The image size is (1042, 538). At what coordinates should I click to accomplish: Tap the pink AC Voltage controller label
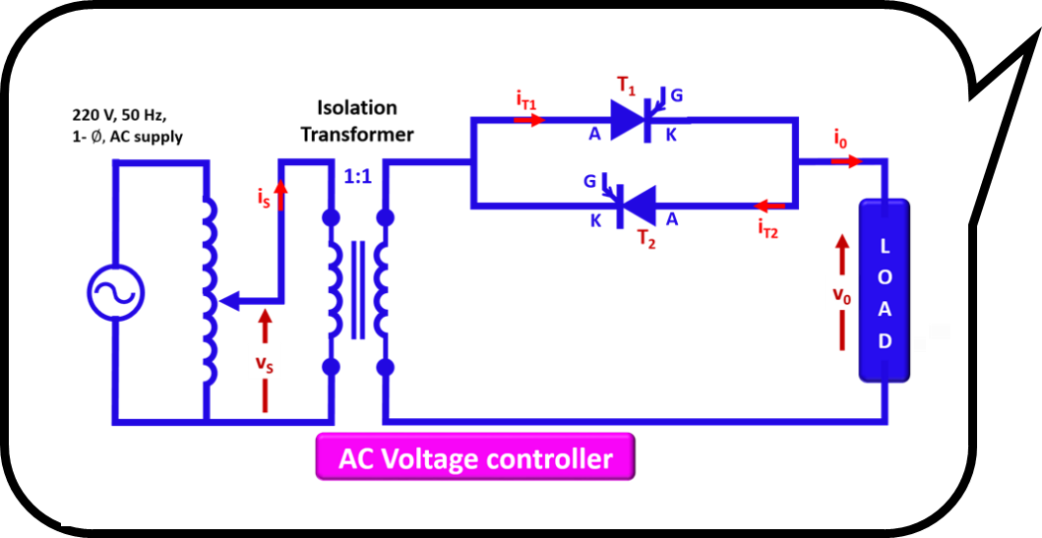pos(475,459)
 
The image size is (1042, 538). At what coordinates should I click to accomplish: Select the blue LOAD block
pos(885,290)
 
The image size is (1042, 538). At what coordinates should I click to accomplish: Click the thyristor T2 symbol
pos(637,206)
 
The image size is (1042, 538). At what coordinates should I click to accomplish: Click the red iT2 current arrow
pos(770,207)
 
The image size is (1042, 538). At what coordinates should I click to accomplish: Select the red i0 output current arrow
pos(844,159)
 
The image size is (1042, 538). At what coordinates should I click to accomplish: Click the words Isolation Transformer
pos(357,120)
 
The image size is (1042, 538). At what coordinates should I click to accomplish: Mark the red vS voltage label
pos(264,364)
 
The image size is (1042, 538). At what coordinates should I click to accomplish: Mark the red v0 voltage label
pos(841,294)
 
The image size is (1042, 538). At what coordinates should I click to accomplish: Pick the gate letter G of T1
pos(677,96)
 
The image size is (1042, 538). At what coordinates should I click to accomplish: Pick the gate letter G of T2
pos(589,181)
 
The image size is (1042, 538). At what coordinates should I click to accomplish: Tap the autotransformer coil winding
pos(208,294)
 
